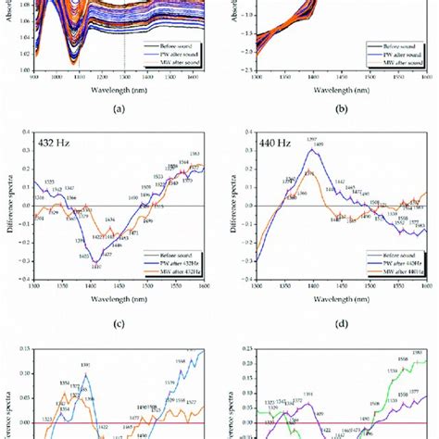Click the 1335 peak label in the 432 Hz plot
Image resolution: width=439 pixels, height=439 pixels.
(x=48, y=181)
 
